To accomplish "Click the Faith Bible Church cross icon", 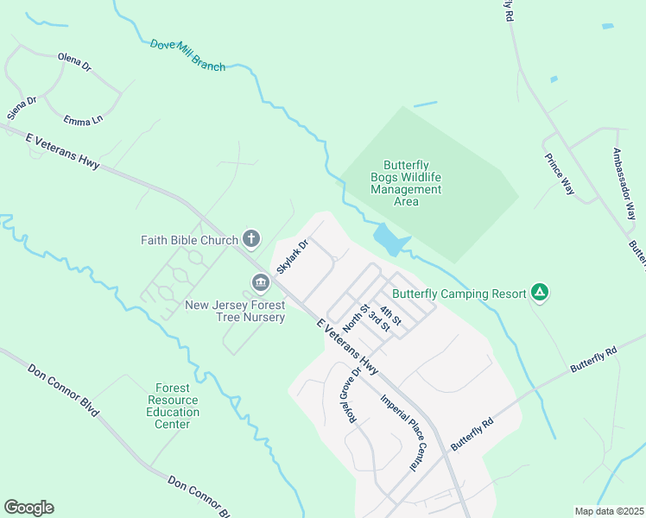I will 251,237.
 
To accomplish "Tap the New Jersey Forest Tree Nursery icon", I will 260,282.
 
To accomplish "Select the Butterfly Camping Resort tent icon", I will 540,293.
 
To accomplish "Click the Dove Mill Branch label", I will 187,55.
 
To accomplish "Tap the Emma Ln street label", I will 83,119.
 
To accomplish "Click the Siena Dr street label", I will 22,108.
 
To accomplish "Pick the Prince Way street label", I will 559,174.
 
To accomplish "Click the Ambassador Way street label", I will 624,184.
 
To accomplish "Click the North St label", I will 356,317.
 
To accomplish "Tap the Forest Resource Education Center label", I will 173,407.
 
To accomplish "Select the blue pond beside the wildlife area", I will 389,241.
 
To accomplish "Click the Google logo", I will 28,508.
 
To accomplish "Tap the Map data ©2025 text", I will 609,511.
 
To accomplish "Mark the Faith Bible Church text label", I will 189,239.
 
